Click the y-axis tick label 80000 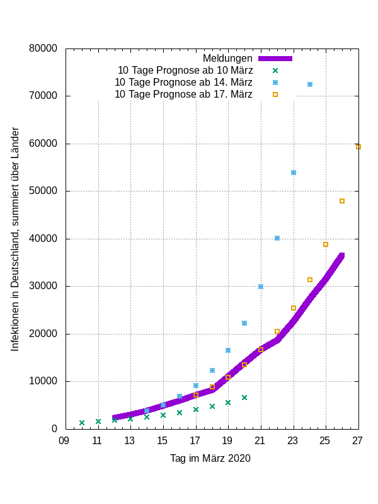43,49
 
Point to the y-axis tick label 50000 43,191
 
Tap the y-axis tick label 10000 43,381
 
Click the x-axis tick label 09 64,440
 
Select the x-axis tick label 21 260,440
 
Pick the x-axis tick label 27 358,440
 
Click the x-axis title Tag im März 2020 210,458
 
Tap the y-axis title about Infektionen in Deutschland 16,239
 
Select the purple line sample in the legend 275,58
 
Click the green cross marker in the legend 275,70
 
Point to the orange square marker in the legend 275,94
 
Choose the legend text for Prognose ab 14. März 183,82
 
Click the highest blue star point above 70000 310,84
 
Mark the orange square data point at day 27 358,147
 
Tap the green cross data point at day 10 82,423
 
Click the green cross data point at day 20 244,398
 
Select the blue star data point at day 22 277,238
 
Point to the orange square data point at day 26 342,201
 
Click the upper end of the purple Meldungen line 341,255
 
